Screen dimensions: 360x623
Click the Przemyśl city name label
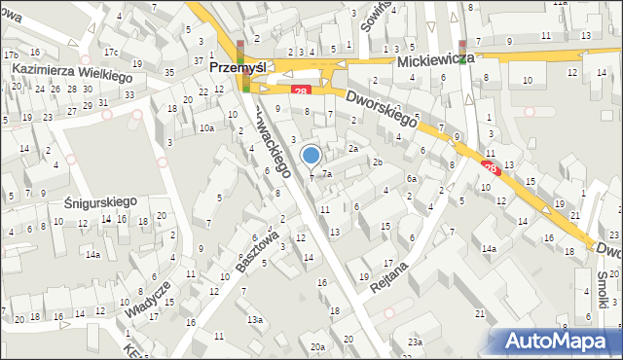click(x=238, y=69)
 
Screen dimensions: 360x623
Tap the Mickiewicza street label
click(x=435, y=59)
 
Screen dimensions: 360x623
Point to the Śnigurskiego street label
click(x=90, y=202)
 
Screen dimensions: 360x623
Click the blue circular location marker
click(x=311, y=155)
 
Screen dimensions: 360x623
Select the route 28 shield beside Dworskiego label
click(x=301, y=91)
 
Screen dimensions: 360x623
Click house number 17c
click(x=111, y=53)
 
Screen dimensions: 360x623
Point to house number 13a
click(x=255, y=319)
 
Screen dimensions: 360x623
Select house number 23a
click(x=416, y=342)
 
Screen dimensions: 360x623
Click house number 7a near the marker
click(x=328, y=174)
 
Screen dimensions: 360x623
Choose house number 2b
click(x=377, y=162)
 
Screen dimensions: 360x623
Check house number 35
click(x=169, y=73)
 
